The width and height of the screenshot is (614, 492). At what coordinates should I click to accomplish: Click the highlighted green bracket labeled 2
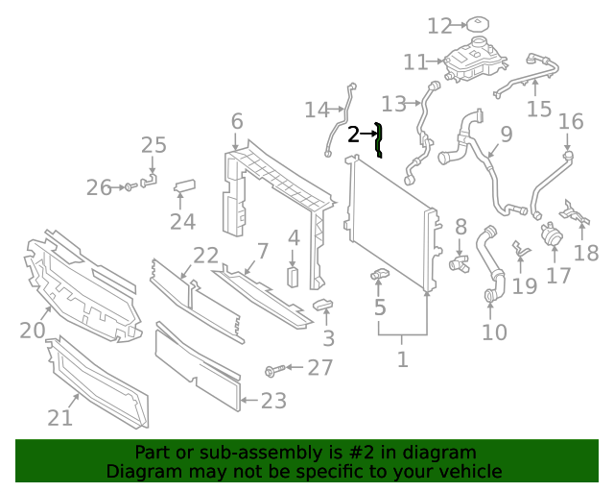coord(380,139)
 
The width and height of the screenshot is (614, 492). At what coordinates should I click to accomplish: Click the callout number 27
coord(319,368)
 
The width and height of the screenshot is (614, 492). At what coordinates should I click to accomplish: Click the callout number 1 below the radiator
coord(402,359)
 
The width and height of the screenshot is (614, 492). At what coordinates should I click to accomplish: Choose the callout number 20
coord(33,331)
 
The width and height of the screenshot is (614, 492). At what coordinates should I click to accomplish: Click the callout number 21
coord(59,417)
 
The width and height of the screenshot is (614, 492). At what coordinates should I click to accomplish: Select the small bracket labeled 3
coord(323,307)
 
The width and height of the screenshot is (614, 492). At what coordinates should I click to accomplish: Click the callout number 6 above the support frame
coord(236,122)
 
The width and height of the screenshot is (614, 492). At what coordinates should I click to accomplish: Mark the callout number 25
coord(153,145)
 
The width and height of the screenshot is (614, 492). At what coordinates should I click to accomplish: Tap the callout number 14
coord(317,110)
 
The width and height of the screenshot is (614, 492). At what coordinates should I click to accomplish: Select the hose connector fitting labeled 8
coord(458,259)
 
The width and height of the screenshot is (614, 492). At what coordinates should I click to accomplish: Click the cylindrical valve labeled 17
coord(552,234)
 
